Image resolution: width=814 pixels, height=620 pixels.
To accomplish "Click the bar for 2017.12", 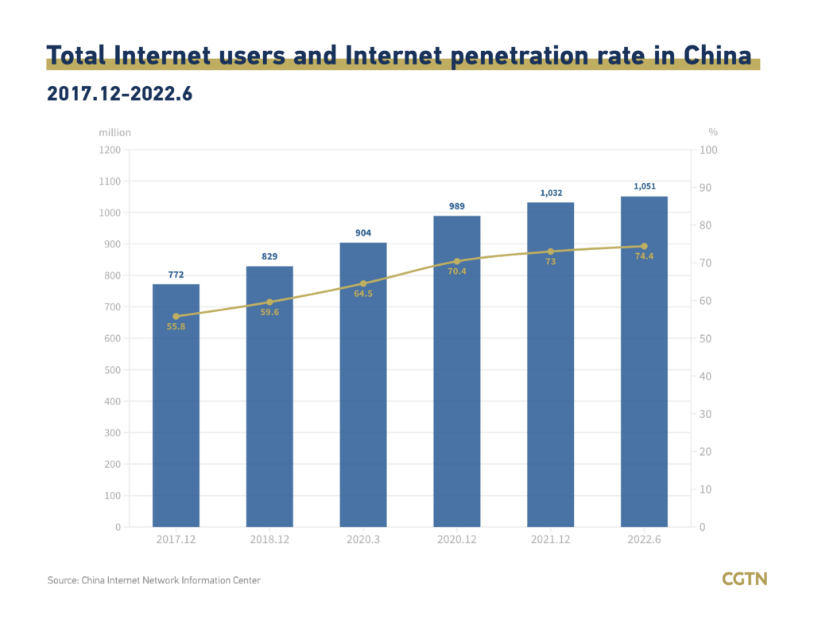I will (x=176, y=405).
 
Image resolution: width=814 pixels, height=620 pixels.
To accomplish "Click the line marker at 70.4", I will (x=457, y=261).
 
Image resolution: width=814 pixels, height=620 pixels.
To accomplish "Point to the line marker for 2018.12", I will (x=269, y=302).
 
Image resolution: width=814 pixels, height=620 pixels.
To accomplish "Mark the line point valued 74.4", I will (x=644, y=246).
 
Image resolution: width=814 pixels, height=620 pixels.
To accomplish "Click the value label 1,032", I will (x=550, y=193).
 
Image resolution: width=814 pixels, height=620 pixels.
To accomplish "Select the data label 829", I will (x=269, y=256).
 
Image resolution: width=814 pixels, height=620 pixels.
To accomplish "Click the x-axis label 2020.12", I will (x=456, y=540).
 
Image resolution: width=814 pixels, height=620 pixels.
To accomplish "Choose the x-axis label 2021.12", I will (x=550, y=540).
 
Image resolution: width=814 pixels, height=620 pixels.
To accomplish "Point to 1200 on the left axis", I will (x=110, y=150).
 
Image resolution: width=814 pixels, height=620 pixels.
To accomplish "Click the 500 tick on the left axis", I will (x=112, y=370).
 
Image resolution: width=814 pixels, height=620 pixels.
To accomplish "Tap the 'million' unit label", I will (x=115, y=132).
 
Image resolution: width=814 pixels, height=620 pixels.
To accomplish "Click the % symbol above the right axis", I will (x=712, y=132).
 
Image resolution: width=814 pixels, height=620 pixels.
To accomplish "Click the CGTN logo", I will (x=744, y=579).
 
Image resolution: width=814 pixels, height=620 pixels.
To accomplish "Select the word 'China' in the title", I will (x=715, y=56).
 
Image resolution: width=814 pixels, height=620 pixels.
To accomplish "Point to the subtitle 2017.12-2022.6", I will (x=120, y=93).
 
